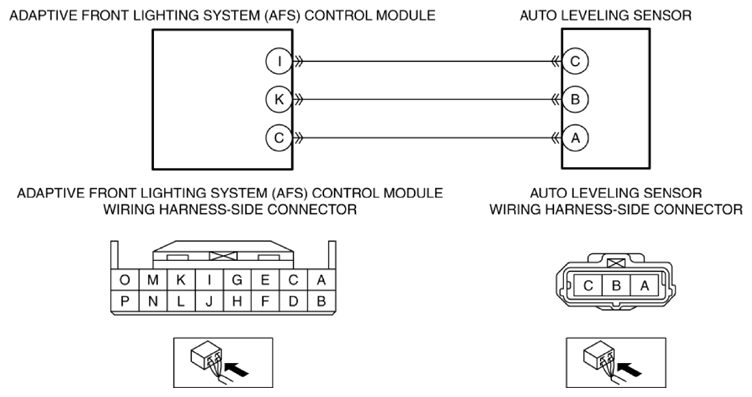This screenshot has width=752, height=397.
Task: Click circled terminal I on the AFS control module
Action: pos(279,61)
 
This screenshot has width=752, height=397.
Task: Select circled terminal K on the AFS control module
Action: pos(279,100)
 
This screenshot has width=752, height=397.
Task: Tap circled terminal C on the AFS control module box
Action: pos(279,138)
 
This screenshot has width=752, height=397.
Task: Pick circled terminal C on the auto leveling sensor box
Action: pos(575,61)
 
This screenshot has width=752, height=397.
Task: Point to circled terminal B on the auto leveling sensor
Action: pos(575,100)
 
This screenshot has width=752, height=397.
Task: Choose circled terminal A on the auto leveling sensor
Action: pos(575,138)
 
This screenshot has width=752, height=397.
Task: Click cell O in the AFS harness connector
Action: pos(125,280)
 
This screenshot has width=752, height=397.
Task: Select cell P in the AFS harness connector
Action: pos(125,301)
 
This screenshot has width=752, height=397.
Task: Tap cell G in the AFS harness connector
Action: pos(237,280)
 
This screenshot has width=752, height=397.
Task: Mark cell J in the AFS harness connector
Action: pos(209,301)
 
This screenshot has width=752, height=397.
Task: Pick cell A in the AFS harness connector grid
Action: pos(321,280)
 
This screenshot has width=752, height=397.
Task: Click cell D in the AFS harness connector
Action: pos(294,301)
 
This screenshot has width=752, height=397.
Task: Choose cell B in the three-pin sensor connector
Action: pos(616,286)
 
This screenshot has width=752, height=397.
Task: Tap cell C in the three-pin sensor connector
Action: pos(588,286)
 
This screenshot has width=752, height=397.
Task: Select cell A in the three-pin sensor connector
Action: pos(645,286)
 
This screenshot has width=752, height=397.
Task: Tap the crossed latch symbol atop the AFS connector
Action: pos(223,257)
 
